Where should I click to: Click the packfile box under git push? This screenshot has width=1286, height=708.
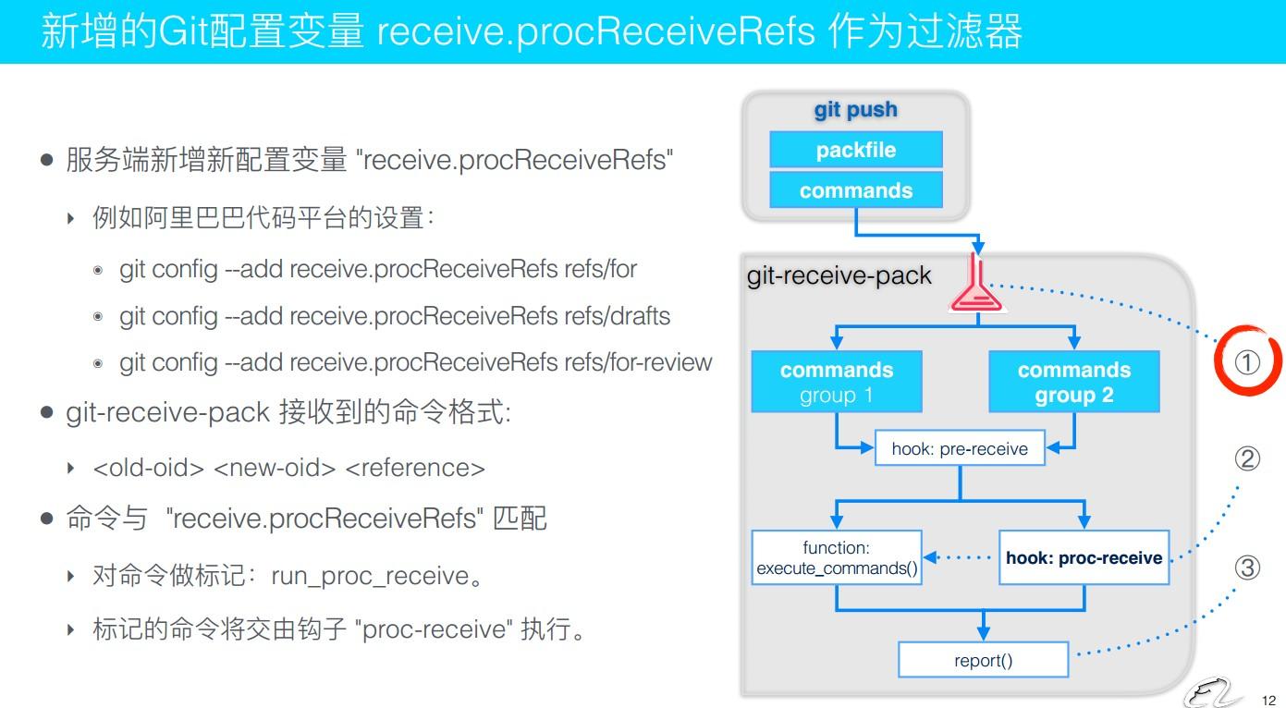click(x=855, y=150)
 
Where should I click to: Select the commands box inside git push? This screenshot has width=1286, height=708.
click(x=855, y=190)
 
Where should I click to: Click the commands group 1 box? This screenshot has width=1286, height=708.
click(x=836, y=382)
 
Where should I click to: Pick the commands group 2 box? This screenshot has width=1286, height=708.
click(x=1073, y=382)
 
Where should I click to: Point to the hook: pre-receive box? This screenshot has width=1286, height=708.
click(x=959, y=449)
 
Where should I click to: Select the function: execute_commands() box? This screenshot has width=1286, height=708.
click(x=837, y=558)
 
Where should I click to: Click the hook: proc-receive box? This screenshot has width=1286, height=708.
click(x=1084, y=558)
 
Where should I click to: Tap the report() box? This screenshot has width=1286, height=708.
click(x=983, y=661)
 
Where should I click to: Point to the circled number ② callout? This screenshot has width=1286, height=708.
click(x=1247, y=458)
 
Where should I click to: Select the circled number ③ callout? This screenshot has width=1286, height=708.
click(x=1247, y=568)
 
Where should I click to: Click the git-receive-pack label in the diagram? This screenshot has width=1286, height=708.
click(x=839, y=275)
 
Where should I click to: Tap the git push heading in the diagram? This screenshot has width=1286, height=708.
click(x=855, y=110)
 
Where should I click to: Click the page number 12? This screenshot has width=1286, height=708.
click(x=1268, y=700)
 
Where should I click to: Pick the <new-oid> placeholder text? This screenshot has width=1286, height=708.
click(x=275, y=468)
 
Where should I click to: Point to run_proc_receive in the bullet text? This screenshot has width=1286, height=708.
click(x=370, y=577)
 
